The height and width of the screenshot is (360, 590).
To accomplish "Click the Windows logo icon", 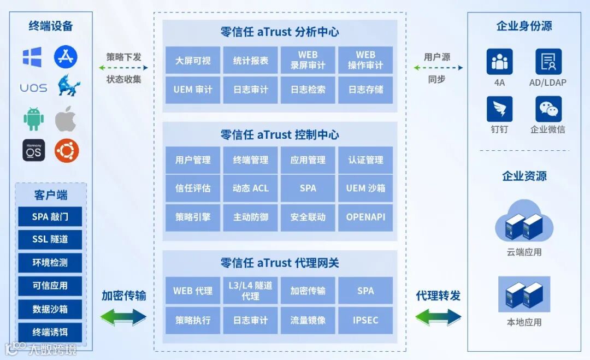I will pos(32,57).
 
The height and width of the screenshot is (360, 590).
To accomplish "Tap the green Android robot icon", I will pos(33,119).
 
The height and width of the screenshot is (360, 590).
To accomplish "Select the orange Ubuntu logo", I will pos(66,150).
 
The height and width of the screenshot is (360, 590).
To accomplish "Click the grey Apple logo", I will pos(66,119).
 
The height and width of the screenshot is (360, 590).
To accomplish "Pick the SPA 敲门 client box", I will pos(50,216).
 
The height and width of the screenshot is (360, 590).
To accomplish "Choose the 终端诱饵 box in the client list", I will pos(50,332).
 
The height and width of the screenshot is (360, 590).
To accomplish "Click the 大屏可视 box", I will pos(193,60).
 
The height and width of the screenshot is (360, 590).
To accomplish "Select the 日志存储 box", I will pos(365,90).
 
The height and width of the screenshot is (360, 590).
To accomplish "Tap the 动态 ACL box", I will pos(251,188).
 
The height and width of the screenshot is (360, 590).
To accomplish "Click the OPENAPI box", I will pos(365,217).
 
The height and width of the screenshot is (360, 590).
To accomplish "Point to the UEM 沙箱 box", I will pos(365,188).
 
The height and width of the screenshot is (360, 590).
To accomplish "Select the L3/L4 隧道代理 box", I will pos(251,290).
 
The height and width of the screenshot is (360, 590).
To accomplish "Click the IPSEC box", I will pos(365,320).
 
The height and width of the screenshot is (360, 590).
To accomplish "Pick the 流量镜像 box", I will pos(308,320).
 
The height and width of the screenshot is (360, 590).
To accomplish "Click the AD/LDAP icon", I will pos(548,61).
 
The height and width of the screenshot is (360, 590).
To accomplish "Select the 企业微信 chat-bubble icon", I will pos(548,109).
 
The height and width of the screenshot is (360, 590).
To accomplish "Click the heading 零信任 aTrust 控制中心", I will pos(280,135).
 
